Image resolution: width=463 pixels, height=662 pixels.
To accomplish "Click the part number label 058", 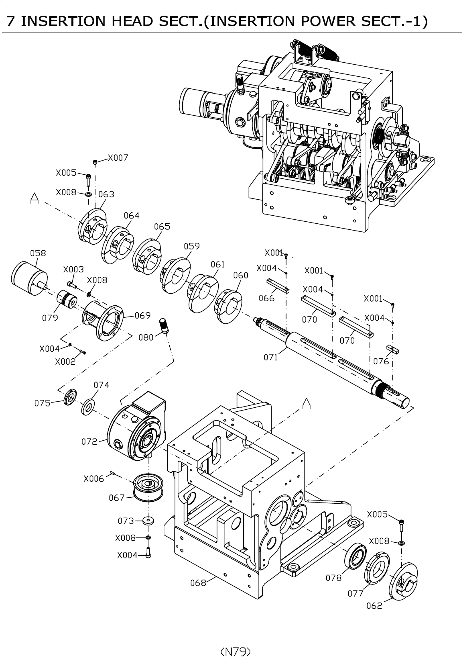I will coord(38,253).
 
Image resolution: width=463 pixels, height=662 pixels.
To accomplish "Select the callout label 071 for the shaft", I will coord(270,357).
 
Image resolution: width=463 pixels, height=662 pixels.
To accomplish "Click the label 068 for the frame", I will coord(198,582).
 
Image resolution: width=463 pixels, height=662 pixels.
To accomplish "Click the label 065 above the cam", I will coord(162,227).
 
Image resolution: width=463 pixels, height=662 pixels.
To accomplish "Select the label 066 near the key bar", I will coord(266,298).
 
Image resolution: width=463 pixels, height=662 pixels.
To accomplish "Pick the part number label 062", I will coord(374,606).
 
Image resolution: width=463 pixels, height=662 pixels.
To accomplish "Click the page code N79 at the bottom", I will coord(236,651).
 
